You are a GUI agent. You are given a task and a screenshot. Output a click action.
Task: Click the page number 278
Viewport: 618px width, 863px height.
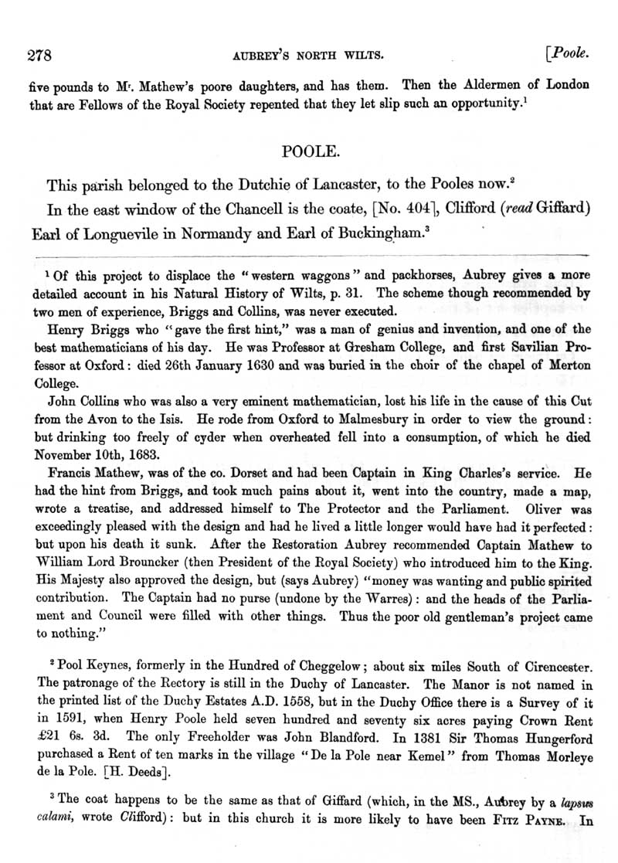[x=39, y=55]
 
